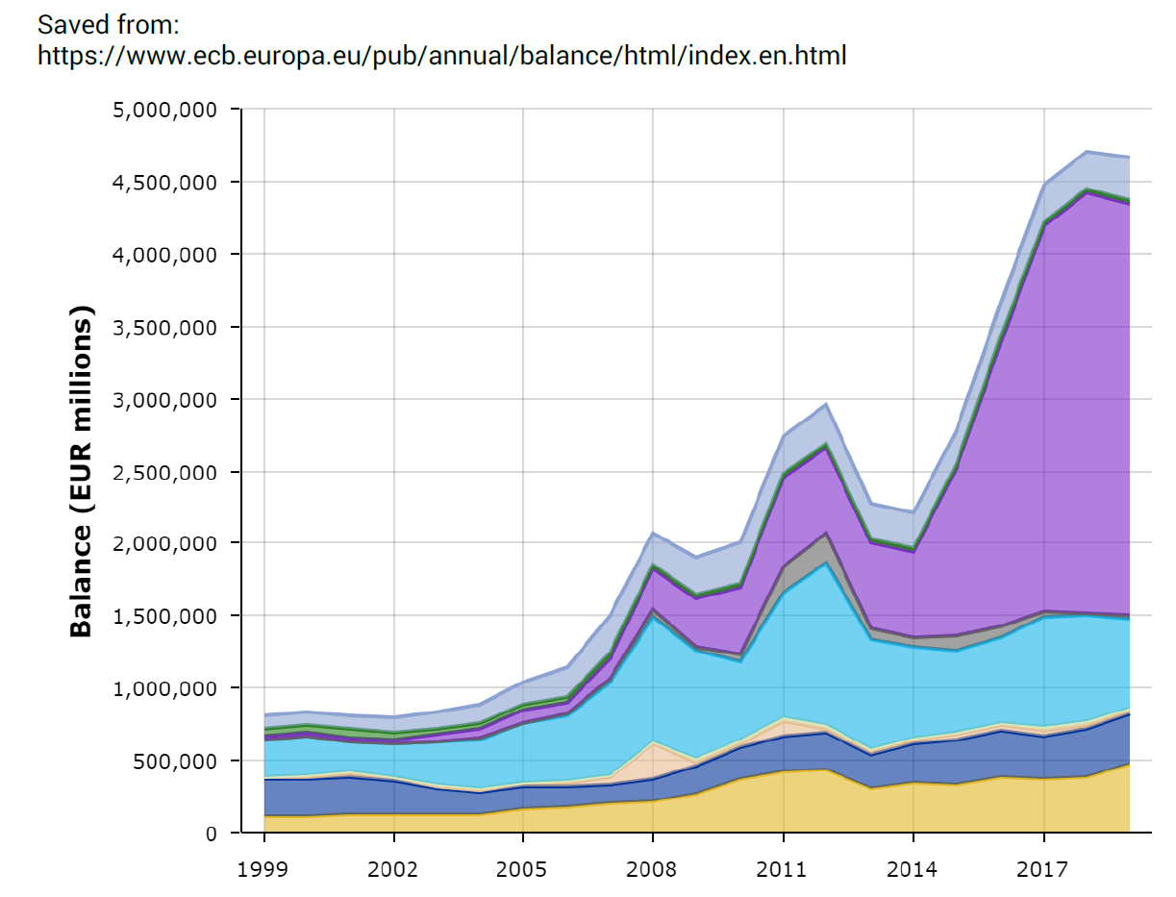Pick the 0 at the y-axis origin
coord(210,834)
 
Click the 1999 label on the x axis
coord(263,870)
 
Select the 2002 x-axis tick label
coord(393,870)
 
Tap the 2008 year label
coord(653,870)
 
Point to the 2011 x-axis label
coord(784,870)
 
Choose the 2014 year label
coord(913,870)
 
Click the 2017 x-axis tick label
coord(1043,870)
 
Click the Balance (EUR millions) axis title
coord(83,471)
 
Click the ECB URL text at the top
coord(441,56)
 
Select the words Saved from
coord(109,23)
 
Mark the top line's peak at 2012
coord(827,404)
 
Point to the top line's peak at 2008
coord(653,533)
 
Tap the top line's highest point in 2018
coord(1087,152)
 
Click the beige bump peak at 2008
coord(653,742)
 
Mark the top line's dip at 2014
coord(913,512)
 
